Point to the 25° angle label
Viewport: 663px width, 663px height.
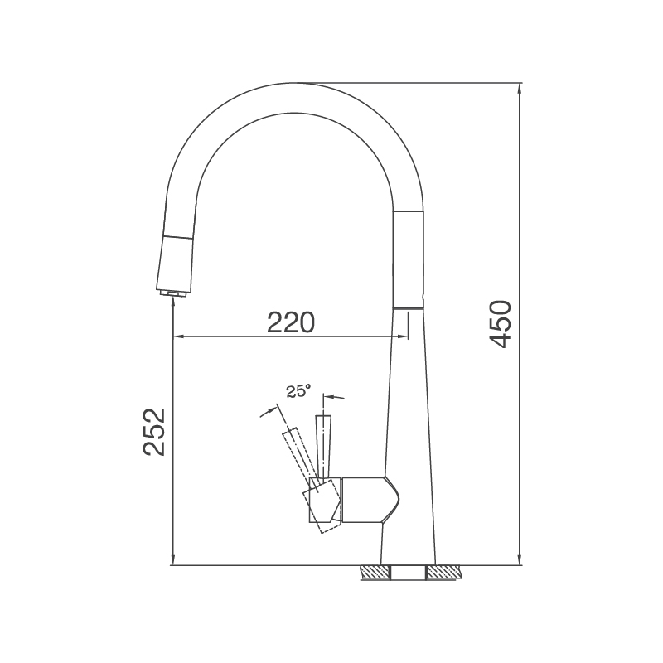point(298,391)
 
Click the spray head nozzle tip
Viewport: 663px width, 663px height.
point(172,292)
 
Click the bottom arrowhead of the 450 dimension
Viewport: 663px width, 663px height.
point(520,561)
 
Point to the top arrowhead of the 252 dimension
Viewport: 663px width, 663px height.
point(172,302)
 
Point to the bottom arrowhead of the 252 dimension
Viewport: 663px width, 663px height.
point(172,561)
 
